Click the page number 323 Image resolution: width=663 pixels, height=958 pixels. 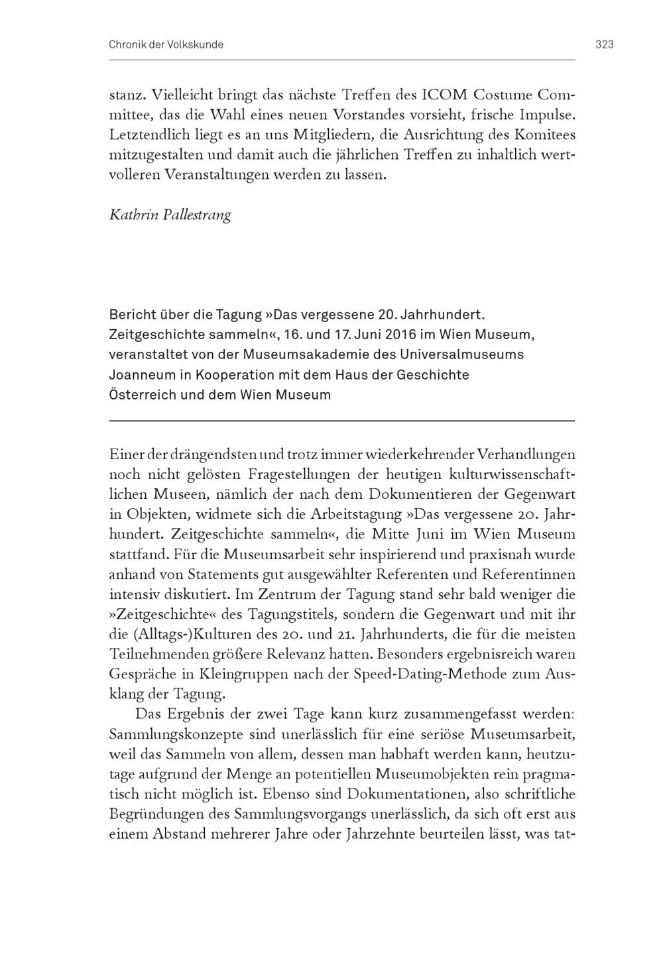click(604, 44)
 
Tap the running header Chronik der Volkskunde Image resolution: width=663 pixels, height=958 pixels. click(166, 44)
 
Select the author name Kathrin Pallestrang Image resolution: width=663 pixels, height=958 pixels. click(170, 216)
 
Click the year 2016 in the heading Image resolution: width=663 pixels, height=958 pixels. click(396, 333)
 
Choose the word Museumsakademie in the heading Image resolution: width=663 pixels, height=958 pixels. click(304, 354)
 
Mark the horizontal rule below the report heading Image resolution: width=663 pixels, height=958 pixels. click(341, 421)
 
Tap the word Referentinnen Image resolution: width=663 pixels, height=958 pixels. click(524, 574)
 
